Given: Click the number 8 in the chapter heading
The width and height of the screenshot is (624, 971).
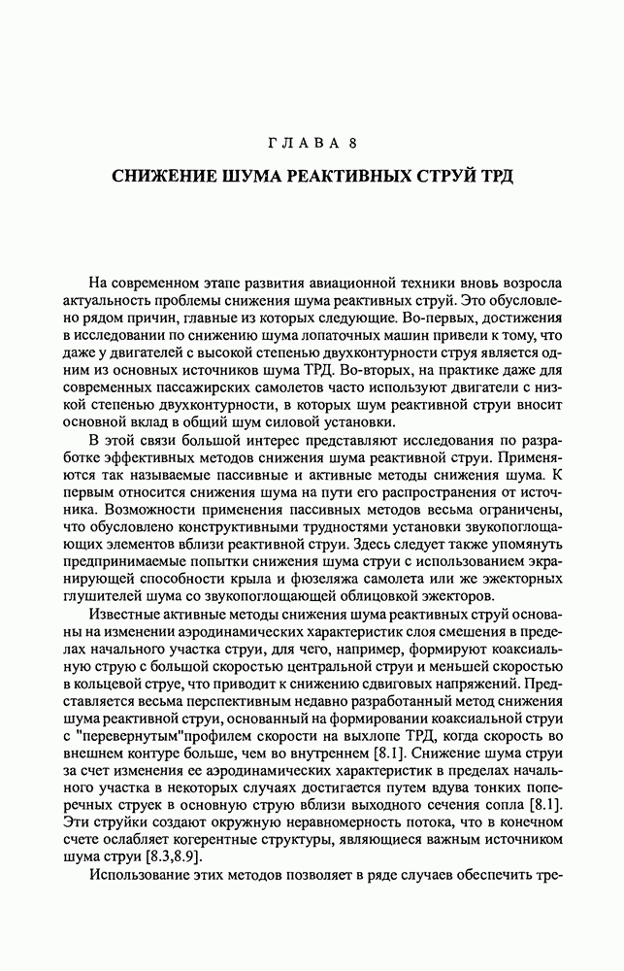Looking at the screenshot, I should pos(354,144).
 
